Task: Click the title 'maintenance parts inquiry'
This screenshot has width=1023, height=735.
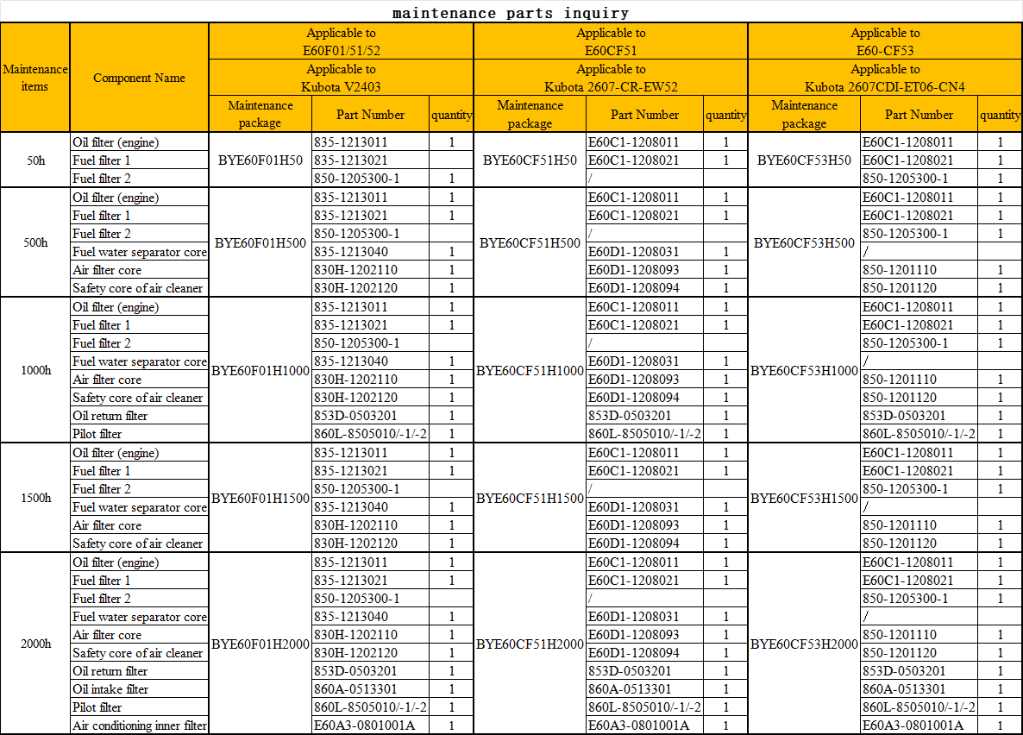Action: click(511, 13)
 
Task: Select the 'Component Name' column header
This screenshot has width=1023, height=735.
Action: click(139, 78)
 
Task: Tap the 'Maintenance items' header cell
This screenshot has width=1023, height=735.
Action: click(35, 78)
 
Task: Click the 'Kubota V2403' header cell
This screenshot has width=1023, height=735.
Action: click(341, 78)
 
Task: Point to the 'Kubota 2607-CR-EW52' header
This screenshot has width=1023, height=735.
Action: click(611, 78)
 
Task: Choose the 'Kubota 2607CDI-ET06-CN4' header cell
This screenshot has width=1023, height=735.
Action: click(885, 78)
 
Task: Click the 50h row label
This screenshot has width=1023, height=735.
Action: click(35, 160)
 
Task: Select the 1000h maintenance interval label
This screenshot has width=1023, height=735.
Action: click(35, 371)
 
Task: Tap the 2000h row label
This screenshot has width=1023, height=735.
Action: click(35, 644)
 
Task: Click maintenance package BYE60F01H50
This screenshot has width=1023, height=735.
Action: click(260, 160)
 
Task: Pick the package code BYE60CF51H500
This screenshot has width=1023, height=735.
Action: click(530, 243)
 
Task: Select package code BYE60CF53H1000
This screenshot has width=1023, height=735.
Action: click(804, 371)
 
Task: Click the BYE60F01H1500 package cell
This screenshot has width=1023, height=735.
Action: click(260, 498)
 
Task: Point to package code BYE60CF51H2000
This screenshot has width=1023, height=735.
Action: click(530, 644)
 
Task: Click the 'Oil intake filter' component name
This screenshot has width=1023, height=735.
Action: click(110, 689)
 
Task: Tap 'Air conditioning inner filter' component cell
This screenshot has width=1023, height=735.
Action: click(140, 726)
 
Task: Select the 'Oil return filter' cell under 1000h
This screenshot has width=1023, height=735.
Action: click(110, 416)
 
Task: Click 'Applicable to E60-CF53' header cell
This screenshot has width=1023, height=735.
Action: click(885, 41)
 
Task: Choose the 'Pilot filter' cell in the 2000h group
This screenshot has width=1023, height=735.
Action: click(97, 707)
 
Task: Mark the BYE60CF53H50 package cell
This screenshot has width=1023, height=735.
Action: click(804, 160)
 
